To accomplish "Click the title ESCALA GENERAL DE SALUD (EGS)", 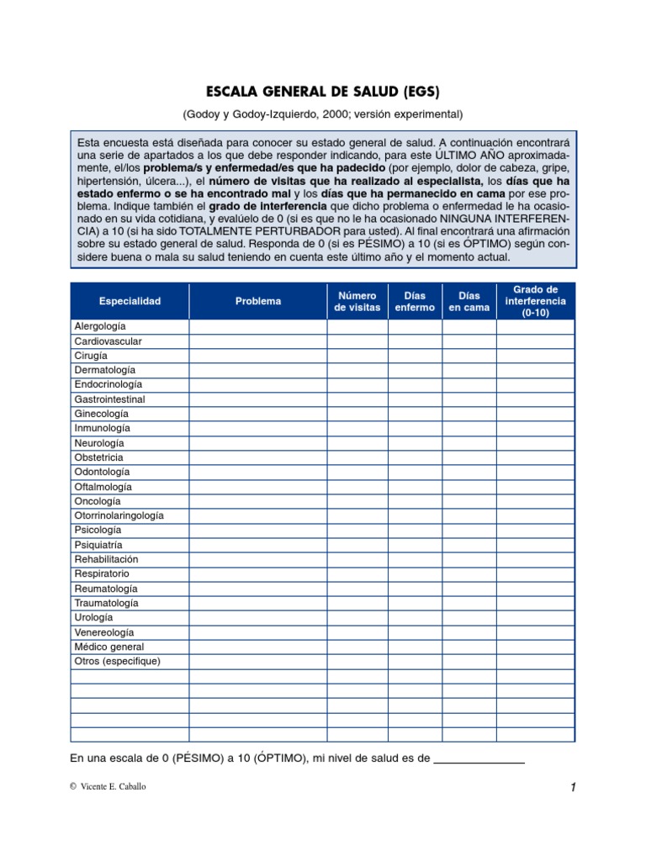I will (x=323, y=91).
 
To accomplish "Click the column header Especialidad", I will (x=130, y=301).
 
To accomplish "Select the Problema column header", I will (x=258, y=301).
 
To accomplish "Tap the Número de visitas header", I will (x=357, y=301).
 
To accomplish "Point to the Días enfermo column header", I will (x=415, y=301).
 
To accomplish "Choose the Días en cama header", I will (x=469, y=301).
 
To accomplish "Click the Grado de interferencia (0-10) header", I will (x=535, y=301).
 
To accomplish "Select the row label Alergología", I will (x=100, y=326).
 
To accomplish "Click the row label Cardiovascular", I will (x=108, y=341).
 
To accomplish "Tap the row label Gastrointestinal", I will (x=109, y=399).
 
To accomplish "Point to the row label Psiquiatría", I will (x=98, y=545).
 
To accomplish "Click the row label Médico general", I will (x=109, y=647).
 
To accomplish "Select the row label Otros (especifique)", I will (x=117, y=661).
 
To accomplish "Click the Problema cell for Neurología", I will (x=258, y=443).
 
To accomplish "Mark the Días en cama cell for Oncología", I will (x=469, y=501).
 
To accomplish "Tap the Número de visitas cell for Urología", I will (x=357, y=617).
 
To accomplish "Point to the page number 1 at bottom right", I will (x=572, y=787).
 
